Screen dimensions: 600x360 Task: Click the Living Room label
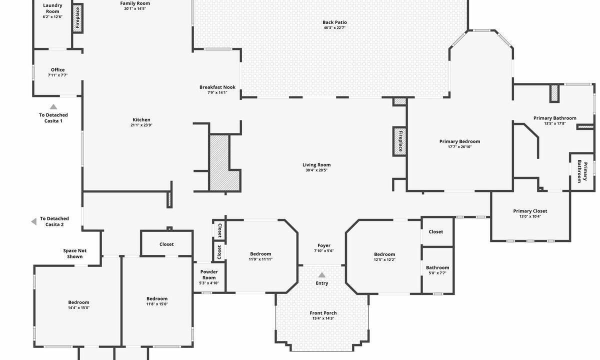[316, 164]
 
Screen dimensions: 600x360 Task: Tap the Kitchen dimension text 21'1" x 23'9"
[141, 125]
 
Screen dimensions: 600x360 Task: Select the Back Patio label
[334, 22]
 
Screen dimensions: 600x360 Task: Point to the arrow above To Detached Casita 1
[53, 106]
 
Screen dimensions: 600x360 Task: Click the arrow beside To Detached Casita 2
[34, 221]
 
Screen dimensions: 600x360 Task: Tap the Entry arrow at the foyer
[321, 275]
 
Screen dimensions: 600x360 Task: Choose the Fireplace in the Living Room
[399, 141]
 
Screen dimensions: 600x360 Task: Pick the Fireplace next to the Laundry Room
[77, 18]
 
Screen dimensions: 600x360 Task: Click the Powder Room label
[209, 275]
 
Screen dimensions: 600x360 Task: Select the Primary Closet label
[530, 211]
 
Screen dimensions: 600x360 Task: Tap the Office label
[58, 70]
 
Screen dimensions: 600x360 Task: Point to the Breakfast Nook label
[217, 87]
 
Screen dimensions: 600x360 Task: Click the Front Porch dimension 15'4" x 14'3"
[323, 318]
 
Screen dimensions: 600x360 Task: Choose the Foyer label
[324, 245]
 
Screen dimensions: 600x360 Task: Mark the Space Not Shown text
[74, 253]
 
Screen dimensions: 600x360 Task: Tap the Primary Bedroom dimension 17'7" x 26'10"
[459, 147]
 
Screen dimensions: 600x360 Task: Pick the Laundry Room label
[52, 8]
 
